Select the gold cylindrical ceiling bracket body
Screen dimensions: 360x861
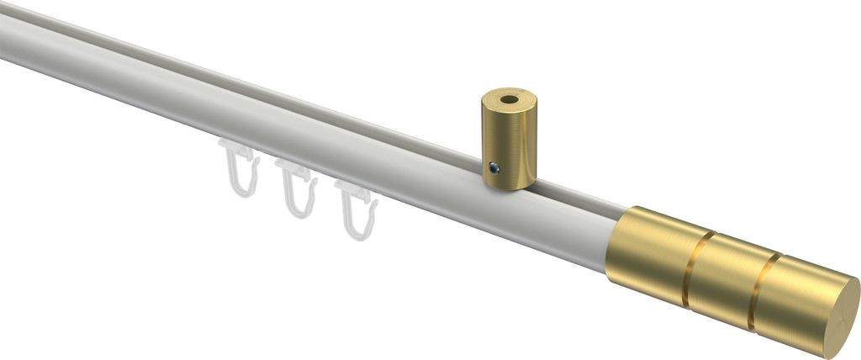pos(508,143)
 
